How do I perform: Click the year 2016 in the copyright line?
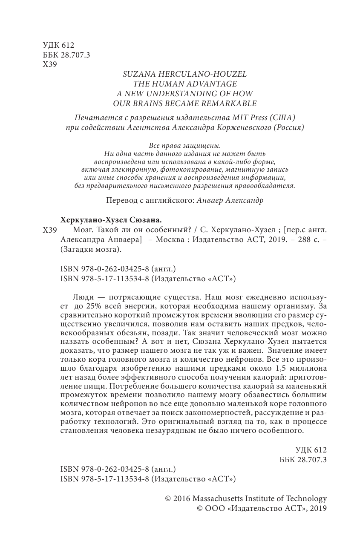[x=182, y=498]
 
